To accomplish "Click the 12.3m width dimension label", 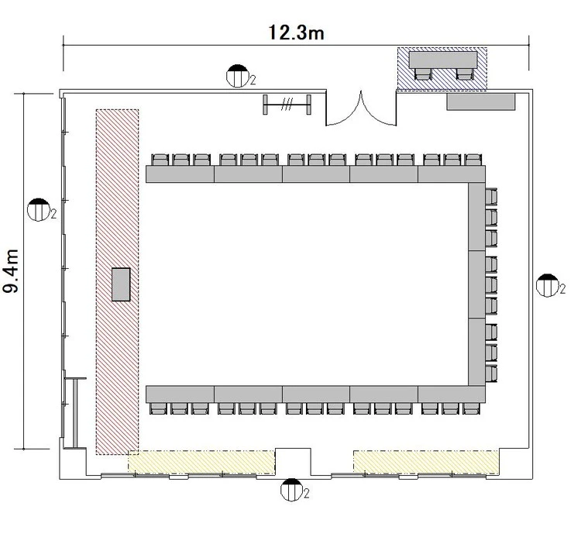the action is [296, 33].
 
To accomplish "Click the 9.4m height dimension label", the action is [11, 271].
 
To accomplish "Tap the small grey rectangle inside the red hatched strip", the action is [121, 284].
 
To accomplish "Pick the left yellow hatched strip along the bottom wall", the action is [201, 462].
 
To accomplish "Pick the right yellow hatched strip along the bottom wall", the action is [426, 462].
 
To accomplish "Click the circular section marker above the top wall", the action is [237, 76].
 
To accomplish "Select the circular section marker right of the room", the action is [547, 285].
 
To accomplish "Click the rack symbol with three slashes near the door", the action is [287, 105].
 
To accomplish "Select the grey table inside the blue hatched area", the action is [443, 60].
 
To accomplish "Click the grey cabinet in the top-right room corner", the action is [481, 102].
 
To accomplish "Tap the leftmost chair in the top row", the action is [160, 160].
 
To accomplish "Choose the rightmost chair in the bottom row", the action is [471, 408].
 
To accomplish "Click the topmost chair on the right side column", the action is [491, 196].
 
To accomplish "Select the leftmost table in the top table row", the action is [180, 174].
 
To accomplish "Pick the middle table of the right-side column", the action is [477, 284].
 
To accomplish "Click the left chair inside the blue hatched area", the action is [422, 74].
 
